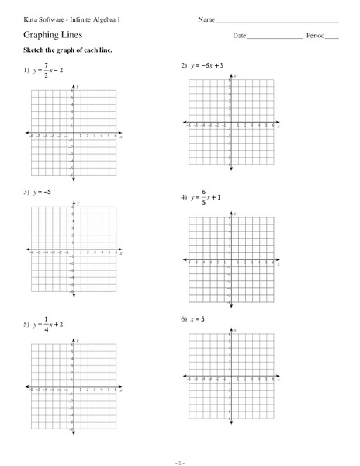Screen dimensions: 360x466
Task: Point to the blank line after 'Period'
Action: (332, 37)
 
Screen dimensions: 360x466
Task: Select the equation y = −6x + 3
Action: (208, 65)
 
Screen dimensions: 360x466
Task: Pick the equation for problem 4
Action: (206, 199)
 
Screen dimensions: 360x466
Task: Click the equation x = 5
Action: (202, 318)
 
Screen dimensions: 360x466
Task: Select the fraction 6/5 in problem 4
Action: (203, 199)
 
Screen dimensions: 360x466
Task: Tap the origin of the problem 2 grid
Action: (230, 122)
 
